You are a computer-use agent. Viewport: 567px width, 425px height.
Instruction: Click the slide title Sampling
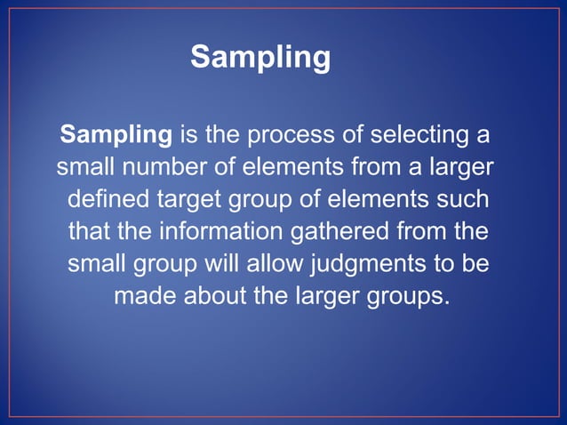260,59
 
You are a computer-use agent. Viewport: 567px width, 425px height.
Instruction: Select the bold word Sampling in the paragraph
116,136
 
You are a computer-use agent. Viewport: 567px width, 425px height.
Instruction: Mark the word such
462,199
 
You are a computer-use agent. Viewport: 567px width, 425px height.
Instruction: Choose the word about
216,295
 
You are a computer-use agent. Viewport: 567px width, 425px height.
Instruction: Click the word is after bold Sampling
188,136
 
